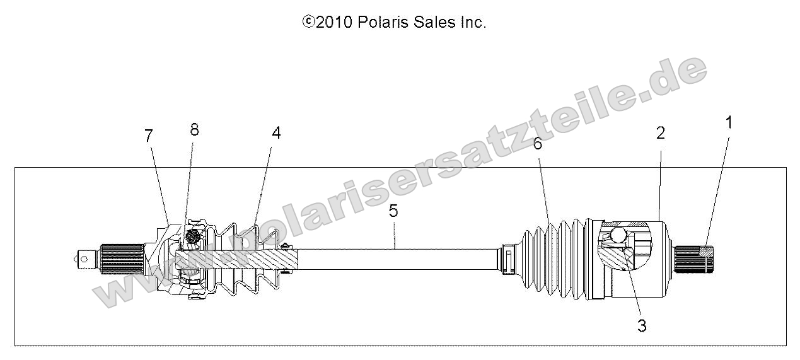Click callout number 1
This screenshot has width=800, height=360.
pos(729,122)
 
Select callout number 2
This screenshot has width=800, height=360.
pos(660,133)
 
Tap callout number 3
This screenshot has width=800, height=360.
pos(642,327)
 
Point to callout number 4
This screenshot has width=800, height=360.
pos(276,133)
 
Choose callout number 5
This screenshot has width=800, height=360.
pos(393,211)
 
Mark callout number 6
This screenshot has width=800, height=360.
pos(537,144)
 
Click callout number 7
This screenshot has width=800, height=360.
pos(149,135)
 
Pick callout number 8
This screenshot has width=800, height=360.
pos(194,129)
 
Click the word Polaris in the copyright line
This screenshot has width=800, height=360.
pos(381,23)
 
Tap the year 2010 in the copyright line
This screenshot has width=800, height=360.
pos(334,23)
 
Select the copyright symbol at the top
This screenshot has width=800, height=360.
pos(309,23)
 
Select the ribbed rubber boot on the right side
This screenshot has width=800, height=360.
pos(548,259)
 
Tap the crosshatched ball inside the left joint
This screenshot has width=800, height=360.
pos(194,237)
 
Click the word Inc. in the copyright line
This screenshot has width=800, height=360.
pos(473,23)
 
